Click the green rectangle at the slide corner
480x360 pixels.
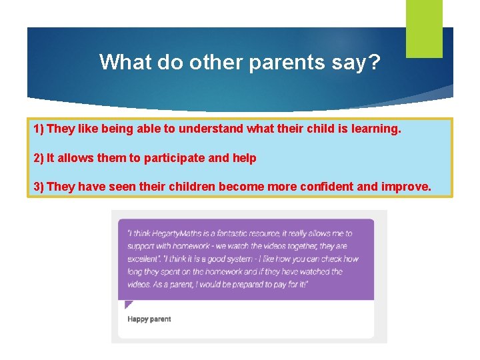pos(424,28)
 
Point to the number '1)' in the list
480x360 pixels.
pos(39,128)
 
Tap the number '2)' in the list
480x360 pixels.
pos(39,158)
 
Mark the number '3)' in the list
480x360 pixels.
pos(39,187)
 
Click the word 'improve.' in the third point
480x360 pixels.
pos(406,187)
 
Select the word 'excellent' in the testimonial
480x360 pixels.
pos(143,259)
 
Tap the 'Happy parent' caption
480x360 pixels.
pos(149,319)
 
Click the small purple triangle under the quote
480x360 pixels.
pos(128,305)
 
